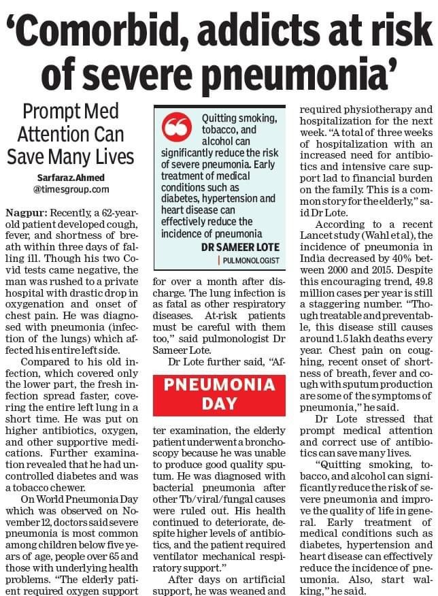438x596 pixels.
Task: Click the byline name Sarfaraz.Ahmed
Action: (x=61, y=178)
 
